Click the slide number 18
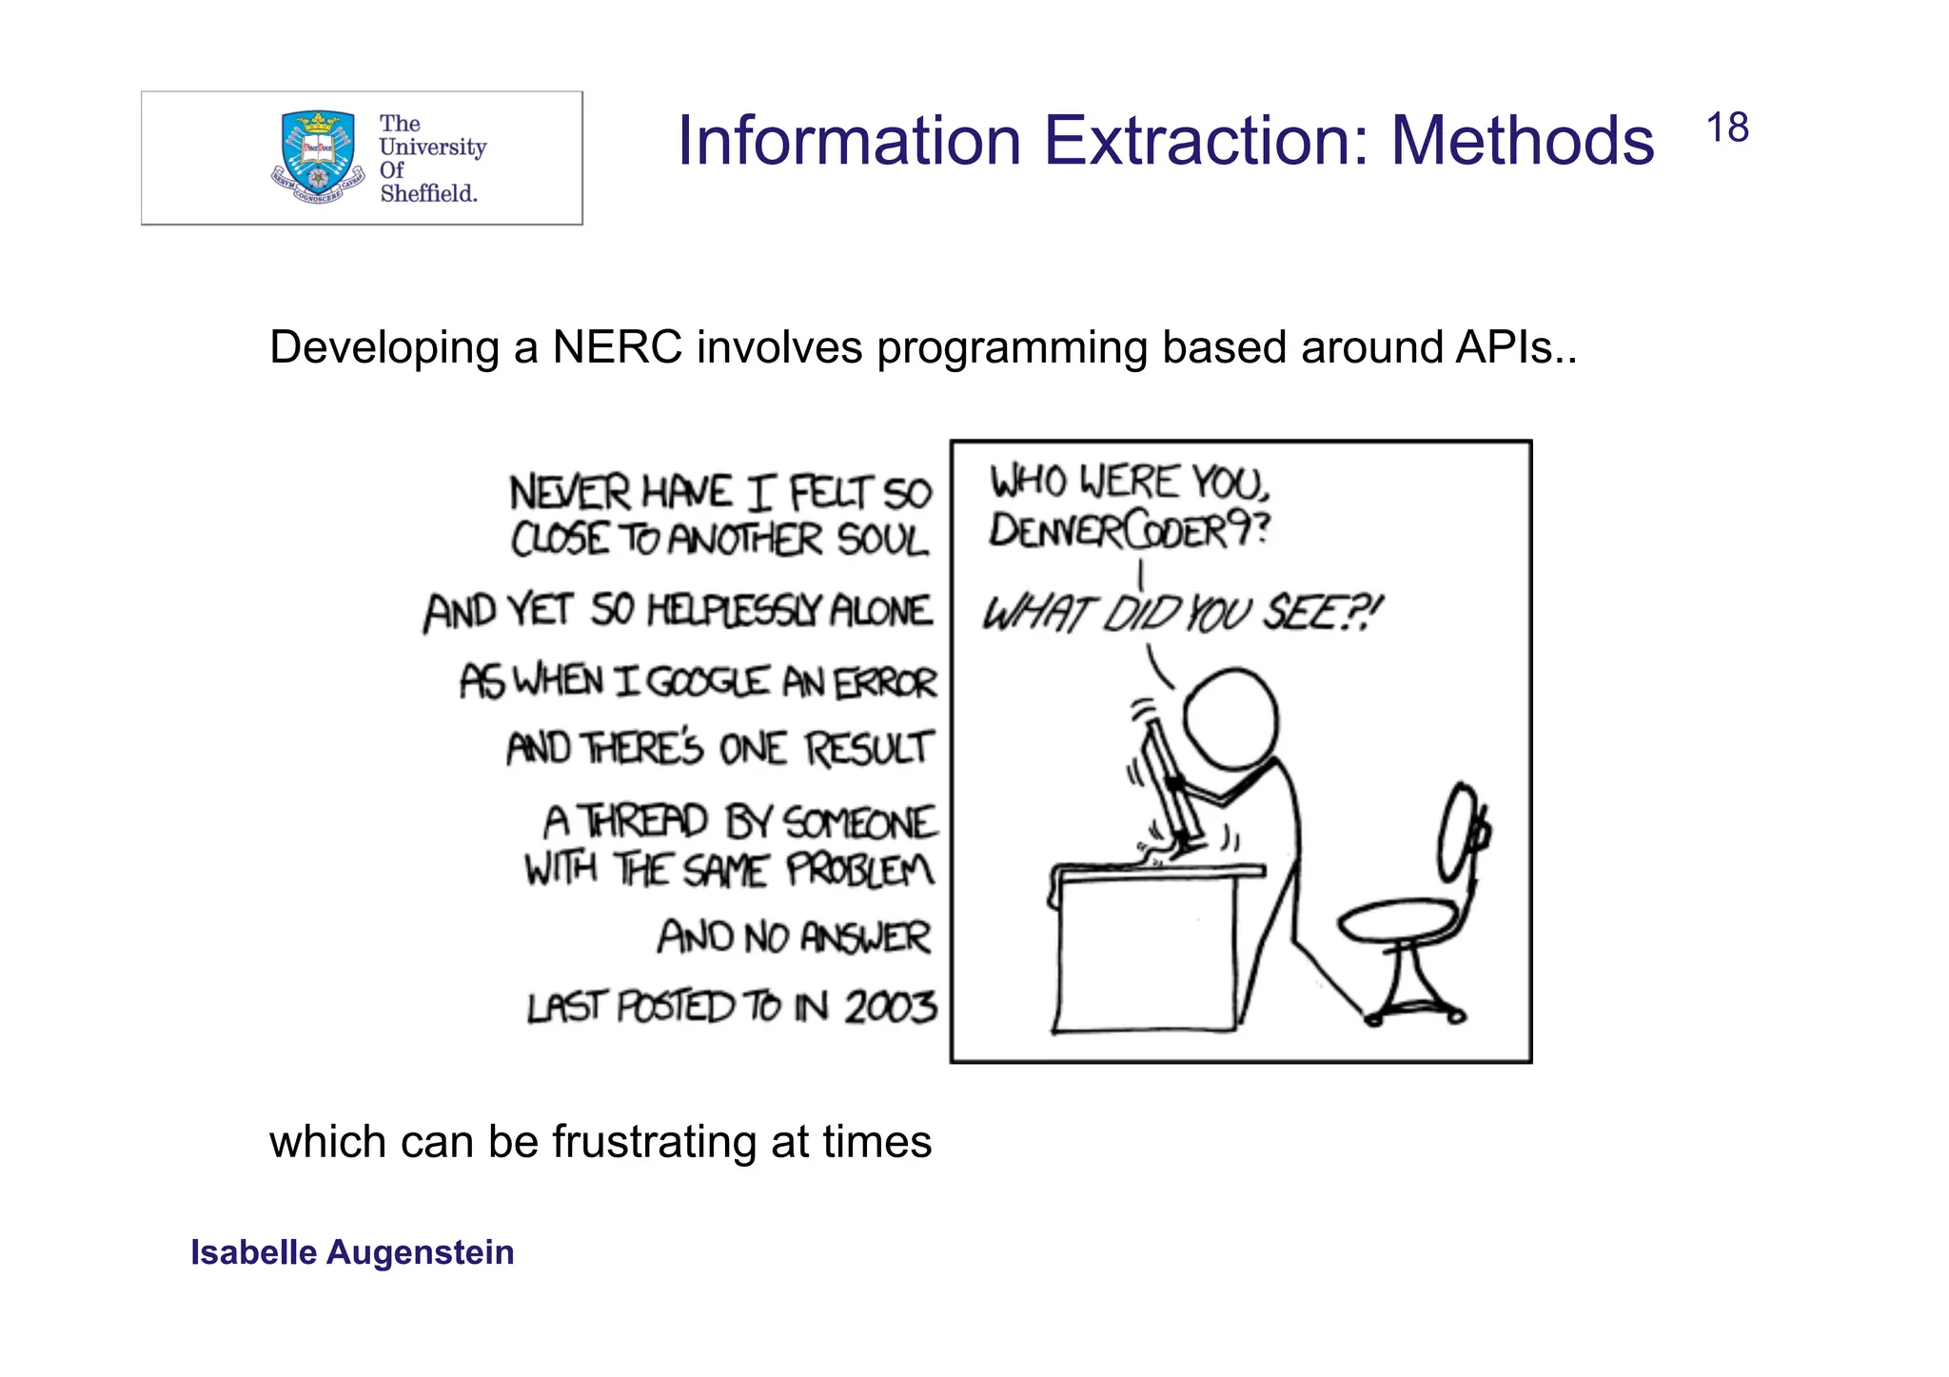[1726, 128]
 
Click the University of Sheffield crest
[318, 157]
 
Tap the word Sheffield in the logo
[428, 193]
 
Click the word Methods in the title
[1523, 142]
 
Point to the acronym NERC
[618, 347]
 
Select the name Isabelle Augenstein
[352, 1252]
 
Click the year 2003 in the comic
[891, 1007]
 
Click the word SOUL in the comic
[882, 541]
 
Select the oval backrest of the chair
[1457, 833]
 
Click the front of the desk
[1147, 952]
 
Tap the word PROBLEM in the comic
[860, 870]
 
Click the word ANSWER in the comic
[864, 937]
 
